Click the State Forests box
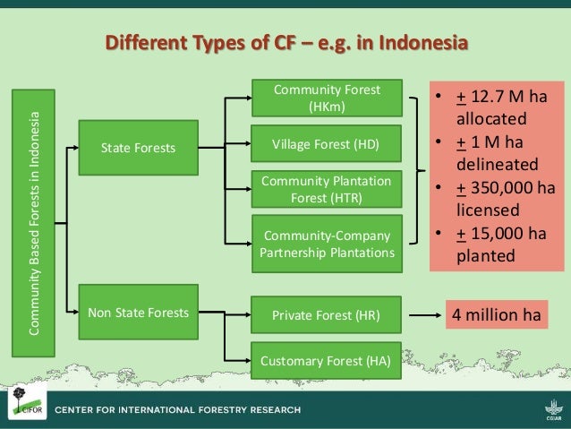pos(139,148)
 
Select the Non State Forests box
pos(139,313)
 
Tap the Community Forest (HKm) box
pos(327,99)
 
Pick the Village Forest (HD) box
pos(327,143)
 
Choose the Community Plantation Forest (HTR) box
pos(327,189)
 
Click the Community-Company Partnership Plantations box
pos(327,244)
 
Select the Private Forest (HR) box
pos(327,315)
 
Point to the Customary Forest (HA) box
pos(327,362)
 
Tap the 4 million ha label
pos(495,315)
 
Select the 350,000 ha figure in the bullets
pos(502,188)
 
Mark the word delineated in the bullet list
pos(497,166)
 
